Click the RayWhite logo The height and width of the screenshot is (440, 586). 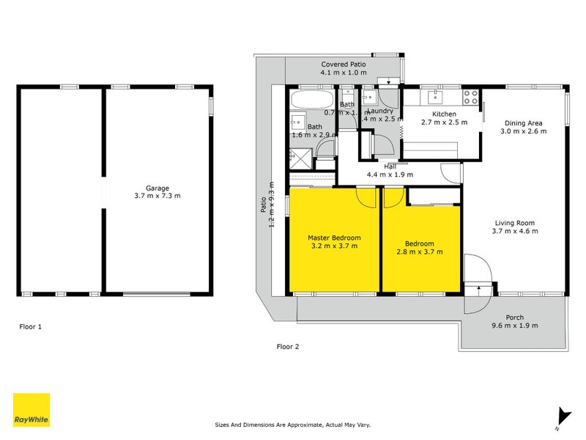[x=31, y=410]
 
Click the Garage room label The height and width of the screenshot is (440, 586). [x=157, y=188]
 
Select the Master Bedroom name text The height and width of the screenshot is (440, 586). [x=334, y=238]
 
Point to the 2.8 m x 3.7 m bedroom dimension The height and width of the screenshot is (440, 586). [x=420, y=252]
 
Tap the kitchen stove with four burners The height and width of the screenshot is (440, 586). [x=471, y=96]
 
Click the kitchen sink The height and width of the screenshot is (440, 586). [x=437, y=96]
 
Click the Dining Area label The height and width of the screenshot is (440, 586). [x=523, y=122]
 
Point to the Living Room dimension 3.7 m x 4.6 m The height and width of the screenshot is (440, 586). [x=514, y=231]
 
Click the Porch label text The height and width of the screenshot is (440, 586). [x=514, y=318]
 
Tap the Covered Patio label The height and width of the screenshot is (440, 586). [x=343, y=65]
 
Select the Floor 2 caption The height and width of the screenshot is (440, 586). [x=288, y=346]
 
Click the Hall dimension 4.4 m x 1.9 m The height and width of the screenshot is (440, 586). [x=390, y=175]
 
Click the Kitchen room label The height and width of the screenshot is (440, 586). [x=444, y=114]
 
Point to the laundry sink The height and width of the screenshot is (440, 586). [x=370, y=97]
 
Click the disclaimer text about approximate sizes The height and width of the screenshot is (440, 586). [x=293, y=424]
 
